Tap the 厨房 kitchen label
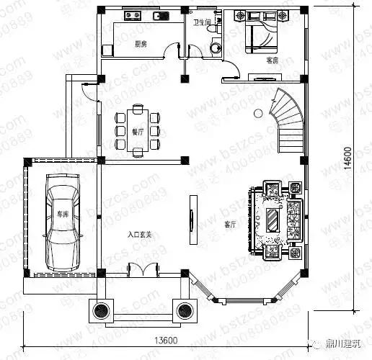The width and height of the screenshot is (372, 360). click(141, 45)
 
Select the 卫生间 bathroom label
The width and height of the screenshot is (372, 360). click(202, 22)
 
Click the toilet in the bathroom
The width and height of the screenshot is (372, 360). click(214, 47)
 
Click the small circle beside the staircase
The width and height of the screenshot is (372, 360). click(257, 112)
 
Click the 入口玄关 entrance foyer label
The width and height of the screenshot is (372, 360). click(140, 234)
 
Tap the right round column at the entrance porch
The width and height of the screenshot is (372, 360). click(184, 310)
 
